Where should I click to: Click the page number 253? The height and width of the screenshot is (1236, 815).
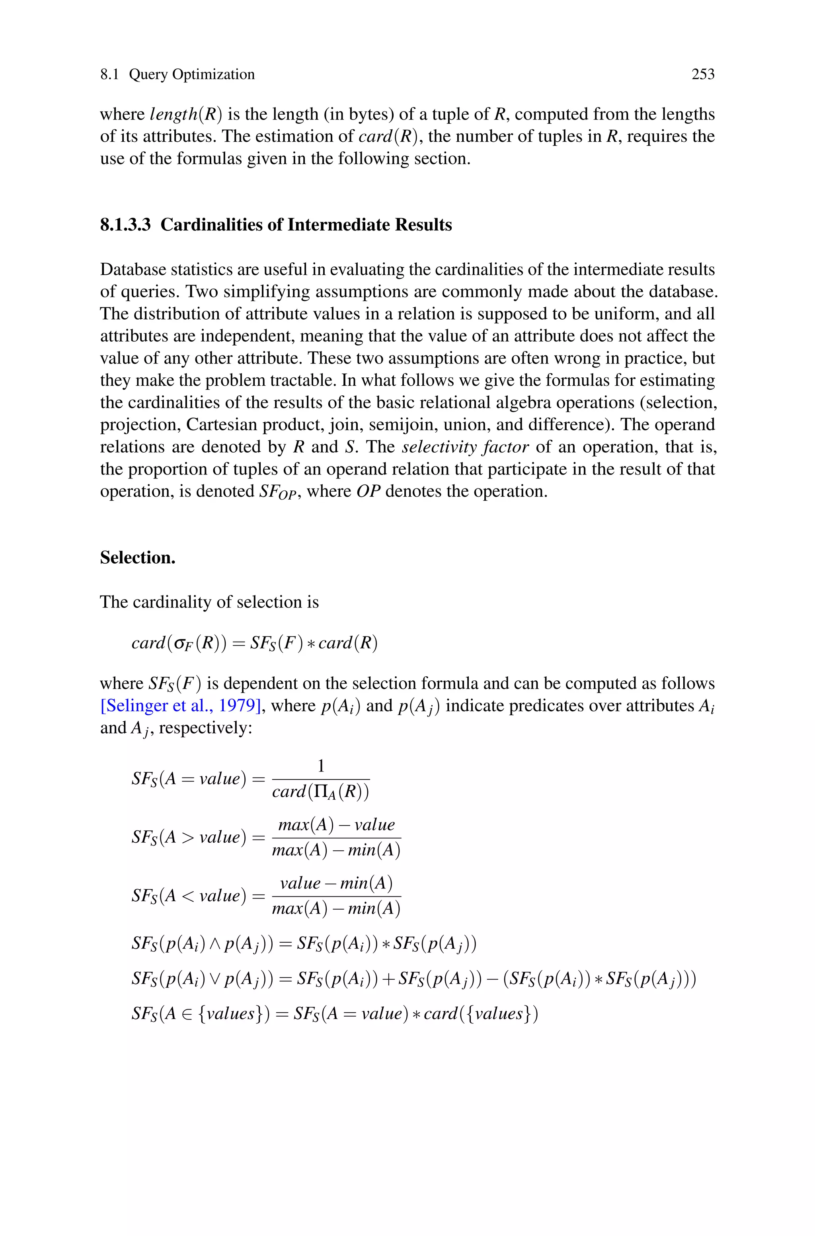click(x=703, y=74)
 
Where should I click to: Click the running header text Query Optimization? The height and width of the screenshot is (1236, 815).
click(x=192, y=74)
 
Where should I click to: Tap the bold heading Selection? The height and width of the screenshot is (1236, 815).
click(x=138, y=557)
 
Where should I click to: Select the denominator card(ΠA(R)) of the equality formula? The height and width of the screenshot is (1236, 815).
click(x=321, y=792)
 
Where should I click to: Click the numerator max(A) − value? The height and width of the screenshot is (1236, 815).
click(x=336, y=824)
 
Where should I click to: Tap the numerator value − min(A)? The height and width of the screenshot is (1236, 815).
click(x=336, y=883)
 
